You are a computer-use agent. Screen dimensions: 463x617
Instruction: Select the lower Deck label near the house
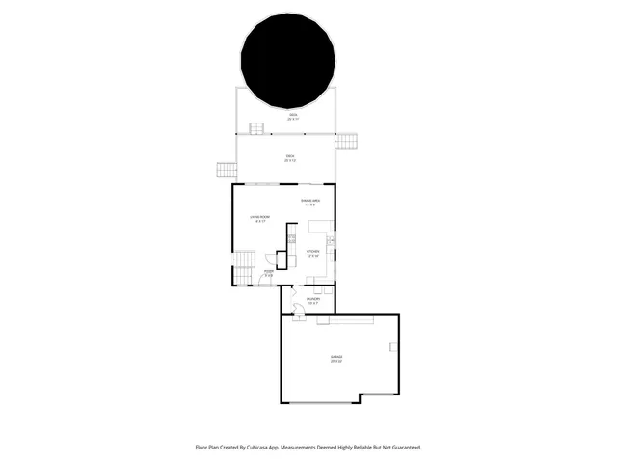289,158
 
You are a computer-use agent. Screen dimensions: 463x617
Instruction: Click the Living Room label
259,219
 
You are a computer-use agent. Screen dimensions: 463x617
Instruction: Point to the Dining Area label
310,202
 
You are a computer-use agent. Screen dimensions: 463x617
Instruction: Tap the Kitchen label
312,254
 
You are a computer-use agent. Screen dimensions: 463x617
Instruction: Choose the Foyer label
269,274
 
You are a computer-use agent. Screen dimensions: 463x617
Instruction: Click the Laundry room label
313,300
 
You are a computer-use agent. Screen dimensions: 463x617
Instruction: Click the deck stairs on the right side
346,141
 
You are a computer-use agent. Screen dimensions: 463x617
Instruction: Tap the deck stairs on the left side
226,171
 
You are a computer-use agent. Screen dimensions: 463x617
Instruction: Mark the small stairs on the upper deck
257,128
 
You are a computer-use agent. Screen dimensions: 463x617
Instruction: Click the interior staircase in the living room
245,260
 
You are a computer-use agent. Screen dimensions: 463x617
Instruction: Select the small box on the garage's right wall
393,346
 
